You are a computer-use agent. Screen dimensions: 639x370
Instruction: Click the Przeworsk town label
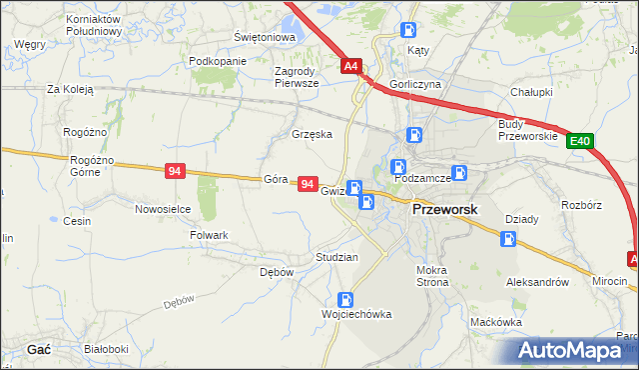445,210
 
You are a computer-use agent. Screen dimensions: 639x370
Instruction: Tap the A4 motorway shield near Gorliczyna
350,67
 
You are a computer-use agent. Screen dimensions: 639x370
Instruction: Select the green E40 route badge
581,143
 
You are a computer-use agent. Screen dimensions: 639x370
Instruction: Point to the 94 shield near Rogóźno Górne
176,172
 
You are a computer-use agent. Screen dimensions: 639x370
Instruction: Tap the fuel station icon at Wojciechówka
344,298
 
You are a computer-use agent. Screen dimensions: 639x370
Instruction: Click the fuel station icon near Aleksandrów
508,239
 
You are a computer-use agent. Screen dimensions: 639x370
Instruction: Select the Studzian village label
336,257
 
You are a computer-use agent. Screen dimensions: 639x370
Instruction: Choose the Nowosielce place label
163,209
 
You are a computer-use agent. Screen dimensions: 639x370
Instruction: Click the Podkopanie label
217,61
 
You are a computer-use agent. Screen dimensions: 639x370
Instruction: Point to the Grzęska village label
311,133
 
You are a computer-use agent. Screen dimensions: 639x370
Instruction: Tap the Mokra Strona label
432,276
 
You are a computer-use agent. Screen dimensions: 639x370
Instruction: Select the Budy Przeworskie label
519,130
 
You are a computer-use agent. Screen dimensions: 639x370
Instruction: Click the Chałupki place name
531,91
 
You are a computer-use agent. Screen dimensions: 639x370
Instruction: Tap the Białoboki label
106,349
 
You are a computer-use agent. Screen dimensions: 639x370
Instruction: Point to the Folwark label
210,235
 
